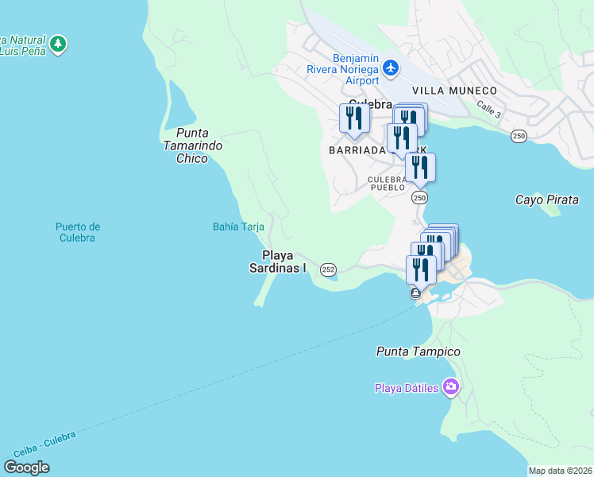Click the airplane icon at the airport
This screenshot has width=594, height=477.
tap(390, 68)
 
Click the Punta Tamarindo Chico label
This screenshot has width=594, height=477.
tap(192, 145)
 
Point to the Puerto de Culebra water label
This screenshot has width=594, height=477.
tap(78, 232)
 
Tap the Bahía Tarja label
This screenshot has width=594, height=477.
tap(238, 227)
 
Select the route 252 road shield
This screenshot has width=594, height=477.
tap(328, 270)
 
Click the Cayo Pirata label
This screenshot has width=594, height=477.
tap(547, 200)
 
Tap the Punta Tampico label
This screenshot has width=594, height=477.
tap(418, 351)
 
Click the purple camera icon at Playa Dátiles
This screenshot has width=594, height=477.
tap(451, 387)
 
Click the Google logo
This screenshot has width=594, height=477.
tap(26, 467)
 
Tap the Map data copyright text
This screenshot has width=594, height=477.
tap(560, 471)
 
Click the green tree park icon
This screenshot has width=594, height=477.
tap(57, 44)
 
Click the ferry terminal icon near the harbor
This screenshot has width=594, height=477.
tap(416, 293)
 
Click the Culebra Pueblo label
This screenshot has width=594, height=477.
tap(388, 184)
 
